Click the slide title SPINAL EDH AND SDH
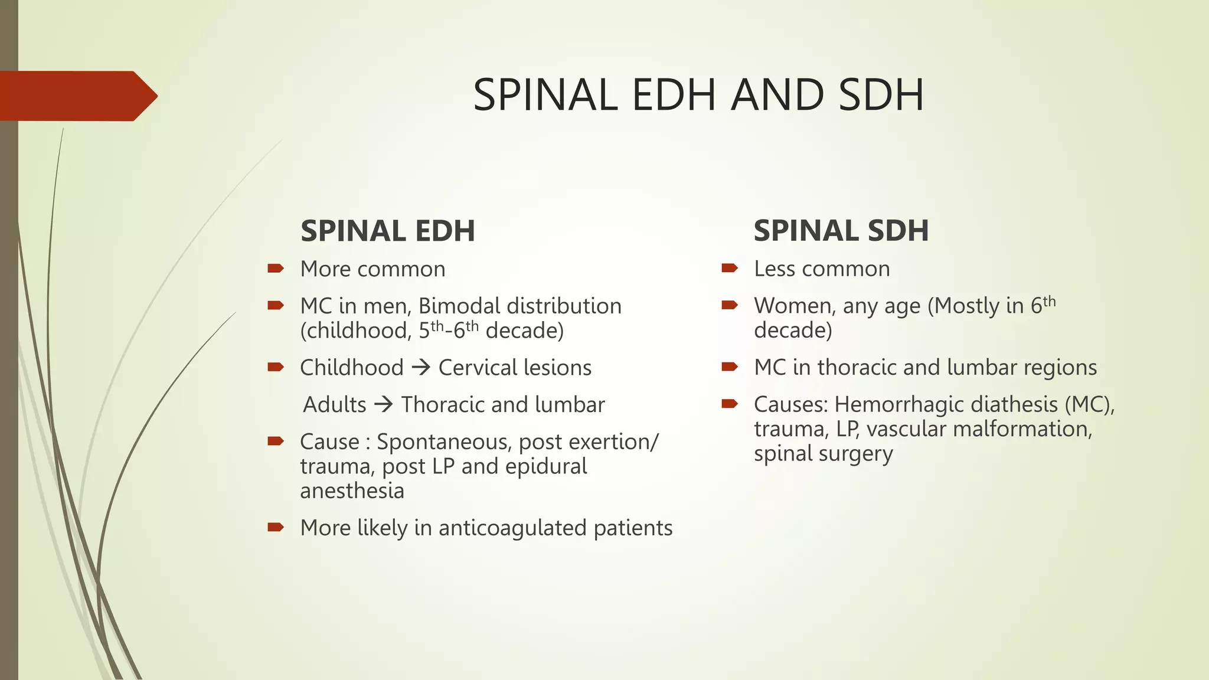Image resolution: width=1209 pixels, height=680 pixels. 698,95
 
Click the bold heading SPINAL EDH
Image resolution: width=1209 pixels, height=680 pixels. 387,231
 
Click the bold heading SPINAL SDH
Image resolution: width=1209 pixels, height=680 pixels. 841,231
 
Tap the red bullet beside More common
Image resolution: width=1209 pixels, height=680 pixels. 275,269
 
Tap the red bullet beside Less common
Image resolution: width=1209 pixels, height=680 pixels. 730,269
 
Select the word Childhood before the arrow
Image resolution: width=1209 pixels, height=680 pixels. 351,368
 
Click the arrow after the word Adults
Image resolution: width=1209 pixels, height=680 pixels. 384,405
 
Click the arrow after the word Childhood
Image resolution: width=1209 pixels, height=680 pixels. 421,368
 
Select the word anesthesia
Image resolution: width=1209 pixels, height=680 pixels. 352,491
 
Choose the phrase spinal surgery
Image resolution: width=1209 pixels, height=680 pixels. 823,454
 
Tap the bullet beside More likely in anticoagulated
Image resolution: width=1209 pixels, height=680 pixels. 275,527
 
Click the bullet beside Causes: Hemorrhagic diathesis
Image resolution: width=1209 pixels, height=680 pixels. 730,404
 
